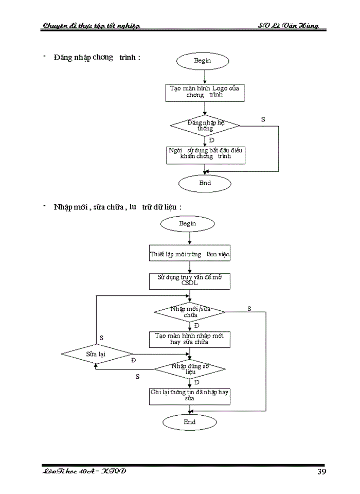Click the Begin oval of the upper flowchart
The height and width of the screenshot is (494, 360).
click(202, 61)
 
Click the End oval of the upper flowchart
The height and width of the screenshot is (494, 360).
click(205, 183)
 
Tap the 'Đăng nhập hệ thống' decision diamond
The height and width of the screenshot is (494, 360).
click(205, 125)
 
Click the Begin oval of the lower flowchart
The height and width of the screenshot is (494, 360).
click(187, 224)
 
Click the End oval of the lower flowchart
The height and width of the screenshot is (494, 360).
click(190, 422)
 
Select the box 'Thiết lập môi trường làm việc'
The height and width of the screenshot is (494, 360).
click(190, 254)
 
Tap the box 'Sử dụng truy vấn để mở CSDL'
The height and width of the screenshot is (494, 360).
click(190, 280)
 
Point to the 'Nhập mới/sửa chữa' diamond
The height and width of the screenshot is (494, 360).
click(190, 312)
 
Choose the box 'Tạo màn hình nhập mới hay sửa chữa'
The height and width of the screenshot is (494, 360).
click(190, 339)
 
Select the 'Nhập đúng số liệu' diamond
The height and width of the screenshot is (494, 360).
click(190, 369)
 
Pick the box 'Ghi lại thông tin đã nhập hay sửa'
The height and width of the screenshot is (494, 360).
click(190, 396)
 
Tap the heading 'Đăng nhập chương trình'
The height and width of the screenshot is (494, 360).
click(96, 57)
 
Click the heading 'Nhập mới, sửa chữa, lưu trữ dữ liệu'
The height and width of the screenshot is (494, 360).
click(117, 207)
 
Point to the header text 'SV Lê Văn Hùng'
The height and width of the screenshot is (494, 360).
click(288, 25)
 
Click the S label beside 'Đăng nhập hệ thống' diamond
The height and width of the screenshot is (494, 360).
click(263, 119)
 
